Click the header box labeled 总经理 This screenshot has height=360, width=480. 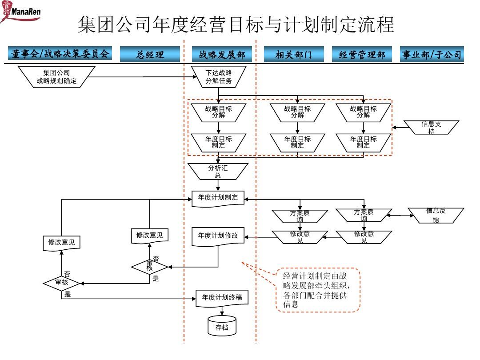[150, 55]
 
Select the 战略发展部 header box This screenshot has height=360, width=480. [222, 55]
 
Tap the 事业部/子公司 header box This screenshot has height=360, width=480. [432, 55]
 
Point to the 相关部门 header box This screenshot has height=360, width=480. [293, 55]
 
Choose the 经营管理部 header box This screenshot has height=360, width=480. [362, 55]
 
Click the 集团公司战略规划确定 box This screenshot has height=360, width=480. [56, 77]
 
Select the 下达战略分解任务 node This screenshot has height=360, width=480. [218, 76]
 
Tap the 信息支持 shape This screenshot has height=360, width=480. [431, 127]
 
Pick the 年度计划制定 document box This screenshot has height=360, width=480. [218, 198]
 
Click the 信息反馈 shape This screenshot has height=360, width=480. [436, 215]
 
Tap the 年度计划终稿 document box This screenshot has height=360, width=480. [222, 298]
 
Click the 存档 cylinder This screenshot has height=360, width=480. [222, 327]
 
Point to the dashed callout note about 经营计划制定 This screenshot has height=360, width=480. [318, 290]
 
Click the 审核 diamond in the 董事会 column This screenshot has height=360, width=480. [61, 283]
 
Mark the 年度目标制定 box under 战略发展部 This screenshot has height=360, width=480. [218, 142]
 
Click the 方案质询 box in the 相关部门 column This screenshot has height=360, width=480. [300, 216]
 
